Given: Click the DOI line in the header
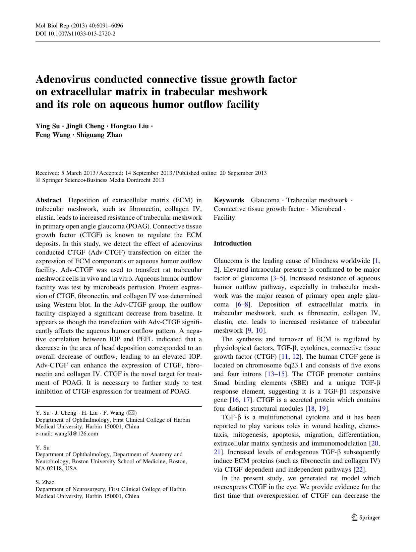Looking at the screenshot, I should tap(75, 33).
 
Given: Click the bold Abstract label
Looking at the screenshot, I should tap(49, 200).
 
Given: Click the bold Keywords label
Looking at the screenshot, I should tap(229, 200).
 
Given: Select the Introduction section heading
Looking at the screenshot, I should tap(233, 244).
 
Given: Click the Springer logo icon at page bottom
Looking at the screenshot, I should tap(355, 517).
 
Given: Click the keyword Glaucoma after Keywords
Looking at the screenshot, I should tap(265, 200).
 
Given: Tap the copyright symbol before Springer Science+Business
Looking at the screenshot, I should tap(38, 180).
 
